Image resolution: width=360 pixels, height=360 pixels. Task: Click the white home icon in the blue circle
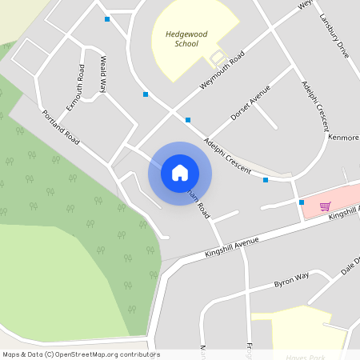[180, 173]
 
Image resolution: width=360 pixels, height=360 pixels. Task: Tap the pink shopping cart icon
[326, 206]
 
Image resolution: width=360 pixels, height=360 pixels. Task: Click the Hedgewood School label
[186, 39]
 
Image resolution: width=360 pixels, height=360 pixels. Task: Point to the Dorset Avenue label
[250, 103]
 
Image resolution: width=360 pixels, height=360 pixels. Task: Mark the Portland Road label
[62, 127]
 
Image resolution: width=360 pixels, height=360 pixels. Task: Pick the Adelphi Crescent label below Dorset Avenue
[227, 157]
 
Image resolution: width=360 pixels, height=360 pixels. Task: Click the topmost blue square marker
[107, 19]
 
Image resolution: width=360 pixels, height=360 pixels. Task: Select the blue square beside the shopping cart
[302, 202]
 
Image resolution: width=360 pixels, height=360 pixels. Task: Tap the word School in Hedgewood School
[186, 44]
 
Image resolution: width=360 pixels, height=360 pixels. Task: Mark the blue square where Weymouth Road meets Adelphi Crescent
[188, 120]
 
